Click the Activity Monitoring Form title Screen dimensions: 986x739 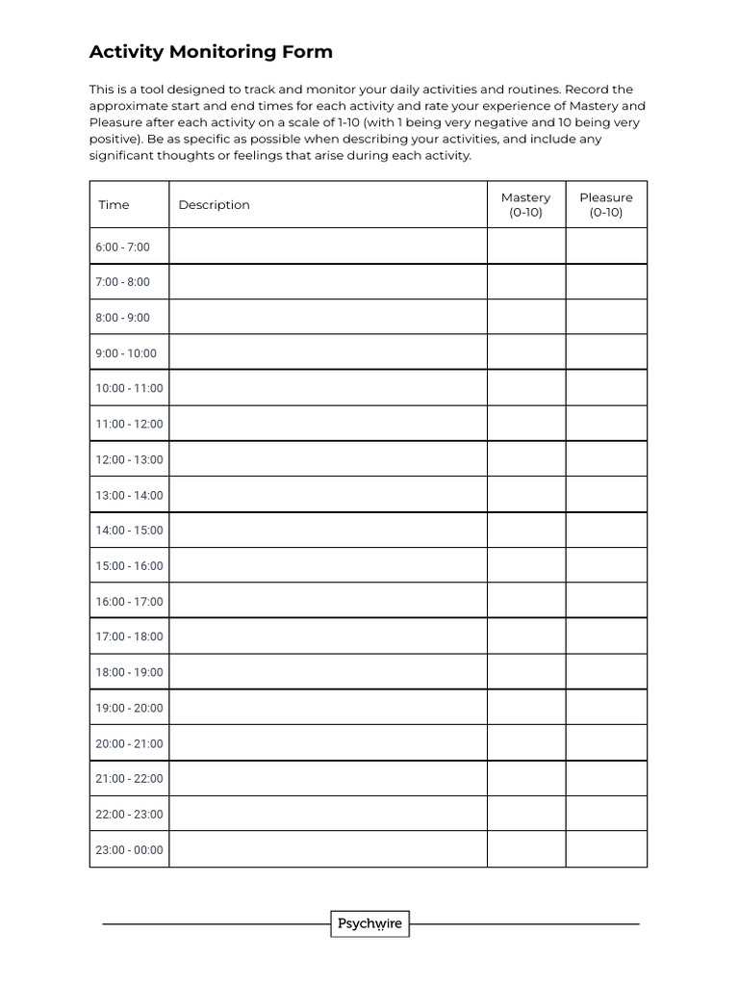[x=211, y=52]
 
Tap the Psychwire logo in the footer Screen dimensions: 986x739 [x=370, y=924]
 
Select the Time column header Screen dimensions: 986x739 [x=114, y=205]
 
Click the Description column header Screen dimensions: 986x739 [x=214, y=205]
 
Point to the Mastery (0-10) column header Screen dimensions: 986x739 [x=525, y=205]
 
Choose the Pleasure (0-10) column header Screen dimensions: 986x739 [x=606, y=205]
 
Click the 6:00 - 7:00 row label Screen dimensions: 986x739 [x=122, y=246]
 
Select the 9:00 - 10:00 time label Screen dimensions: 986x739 [x=125, y=353]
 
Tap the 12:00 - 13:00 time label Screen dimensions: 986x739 [x=129, y=459]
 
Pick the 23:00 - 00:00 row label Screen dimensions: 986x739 [x=129, y=850]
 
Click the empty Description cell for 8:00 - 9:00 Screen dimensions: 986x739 [x=327, y=318]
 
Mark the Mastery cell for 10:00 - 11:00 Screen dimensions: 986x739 [x=525, y=388]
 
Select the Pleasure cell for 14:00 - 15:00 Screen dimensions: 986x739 [x=606, y=530]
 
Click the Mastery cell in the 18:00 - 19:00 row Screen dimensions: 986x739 [x=525, y=672]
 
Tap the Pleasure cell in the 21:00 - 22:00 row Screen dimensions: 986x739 [x=606, y=778]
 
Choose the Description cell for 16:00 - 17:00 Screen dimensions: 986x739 [x=327, y=601]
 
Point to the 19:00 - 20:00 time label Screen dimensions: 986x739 [x=129, y=708]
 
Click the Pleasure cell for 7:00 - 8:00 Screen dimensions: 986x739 [x=606, y=282]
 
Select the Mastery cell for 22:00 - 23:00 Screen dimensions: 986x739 [x=525, y=814]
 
